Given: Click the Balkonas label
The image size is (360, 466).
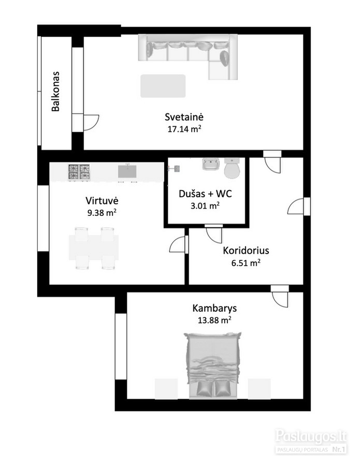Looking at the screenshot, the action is (x=55, y=91).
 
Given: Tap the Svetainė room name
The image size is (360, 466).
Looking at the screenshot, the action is (x=184, y=117).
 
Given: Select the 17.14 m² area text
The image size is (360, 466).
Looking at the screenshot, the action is (x=184, y=129).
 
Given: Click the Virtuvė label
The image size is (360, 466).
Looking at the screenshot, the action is (x=102, y=200).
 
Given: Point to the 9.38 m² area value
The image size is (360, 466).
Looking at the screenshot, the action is (x=102, y=213).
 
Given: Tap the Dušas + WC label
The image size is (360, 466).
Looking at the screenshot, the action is (x=205, y=194).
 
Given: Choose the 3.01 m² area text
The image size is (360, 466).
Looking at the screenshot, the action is (x=205, y=206).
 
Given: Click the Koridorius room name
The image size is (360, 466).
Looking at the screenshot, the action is (x=246, y=251).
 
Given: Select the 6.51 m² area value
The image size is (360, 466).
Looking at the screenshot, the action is (x=246, y=263).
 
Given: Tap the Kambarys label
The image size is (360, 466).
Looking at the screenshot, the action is (x=214, y=308).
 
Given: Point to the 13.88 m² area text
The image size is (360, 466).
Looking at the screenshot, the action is (x=214, y=320).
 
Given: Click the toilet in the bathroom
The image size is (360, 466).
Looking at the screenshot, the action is (x=232, y=168).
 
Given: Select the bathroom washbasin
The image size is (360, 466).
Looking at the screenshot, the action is (x=211, y=164).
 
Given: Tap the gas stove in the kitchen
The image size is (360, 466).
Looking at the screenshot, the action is (x=79, y=172).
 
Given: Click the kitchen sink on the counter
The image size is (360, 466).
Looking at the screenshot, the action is (x=127, y=171).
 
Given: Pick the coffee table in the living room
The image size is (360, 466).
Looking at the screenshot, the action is (x=163, y=86).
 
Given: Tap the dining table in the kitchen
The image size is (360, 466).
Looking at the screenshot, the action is (x=94, y=248).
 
